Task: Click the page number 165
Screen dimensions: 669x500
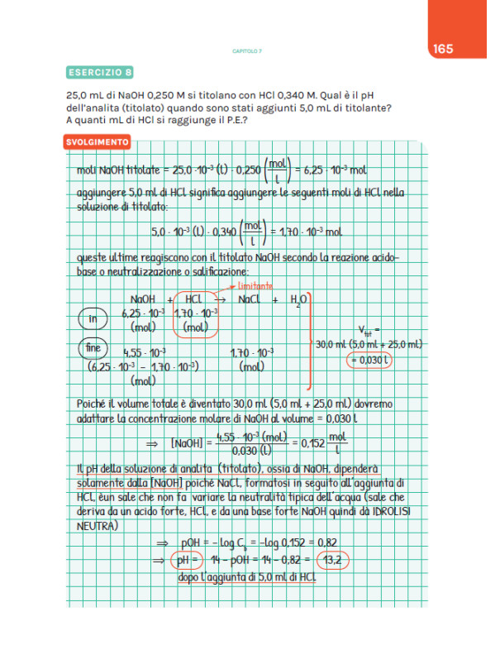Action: pos(442,49)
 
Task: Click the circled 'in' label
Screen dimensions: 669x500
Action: pos(93,319)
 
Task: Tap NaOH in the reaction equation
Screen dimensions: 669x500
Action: pos(145,299)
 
